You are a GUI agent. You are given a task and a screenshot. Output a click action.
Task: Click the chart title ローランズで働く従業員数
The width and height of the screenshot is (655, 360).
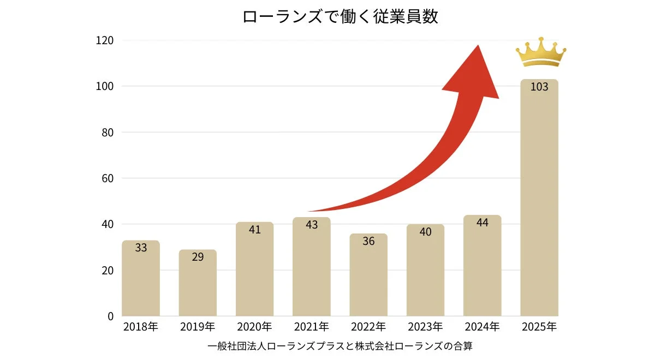340,16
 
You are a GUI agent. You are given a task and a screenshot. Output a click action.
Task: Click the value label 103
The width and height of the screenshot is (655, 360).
539,87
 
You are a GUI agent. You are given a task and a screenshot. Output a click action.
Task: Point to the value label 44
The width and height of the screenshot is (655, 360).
482,223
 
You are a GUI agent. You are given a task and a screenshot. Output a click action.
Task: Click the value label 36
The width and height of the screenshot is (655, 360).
368,241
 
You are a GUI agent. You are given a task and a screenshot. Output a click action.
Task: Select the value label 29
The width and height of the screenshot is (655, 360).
198,257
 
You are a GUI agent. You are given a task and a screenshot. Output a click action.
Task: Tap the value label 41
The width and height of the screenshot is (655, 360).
254,230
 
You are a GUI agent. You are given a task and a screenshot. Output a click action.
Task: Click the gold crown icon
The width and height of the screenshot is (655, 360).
540,52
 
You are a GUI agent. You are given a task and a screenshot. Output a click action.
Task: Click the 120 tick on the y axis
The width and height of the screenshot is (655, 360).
104,40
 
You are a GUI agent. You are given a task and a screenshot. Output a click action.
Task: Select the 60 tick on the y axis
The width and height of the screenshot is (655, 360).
107,178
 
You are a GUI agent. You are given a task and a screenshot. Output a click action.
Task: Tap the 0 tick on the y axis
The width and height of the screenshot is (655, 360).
110,316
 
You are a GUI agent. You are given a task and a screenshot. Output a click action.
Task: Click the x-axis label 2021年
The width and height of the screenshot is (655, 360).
311,327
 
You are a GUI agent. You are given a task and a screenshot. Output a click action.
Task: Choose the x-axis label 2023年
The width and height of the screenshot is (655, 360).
425,327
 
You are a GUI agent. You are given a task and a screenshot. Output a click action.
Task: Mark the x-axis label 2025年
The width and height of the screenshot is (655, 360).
539,327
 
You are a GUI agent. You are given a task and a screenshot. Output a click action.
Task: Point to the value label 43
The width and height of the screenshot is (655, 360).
312,225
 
